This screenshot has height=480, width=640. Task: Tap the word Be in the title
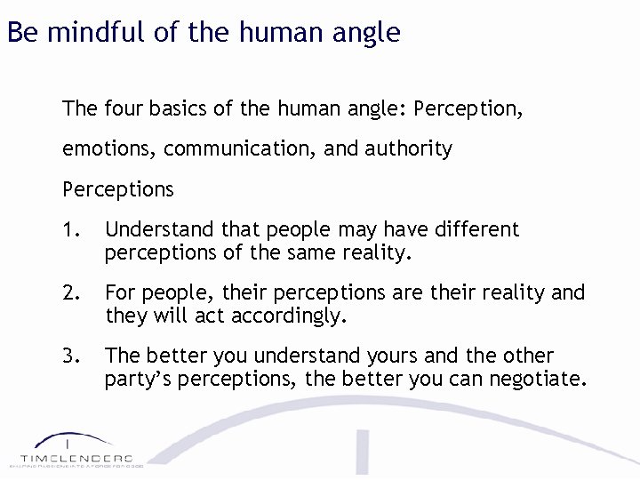tap(22, 33)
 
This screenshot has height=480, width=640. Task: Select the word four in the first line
tap(123, 109)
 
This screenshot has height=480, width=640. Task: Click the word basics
tap(181, 109)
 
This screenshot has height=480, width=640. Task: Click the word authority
tap(408, 149)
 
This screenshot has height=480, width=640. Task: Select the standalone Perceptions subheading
tap(118, 189)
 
